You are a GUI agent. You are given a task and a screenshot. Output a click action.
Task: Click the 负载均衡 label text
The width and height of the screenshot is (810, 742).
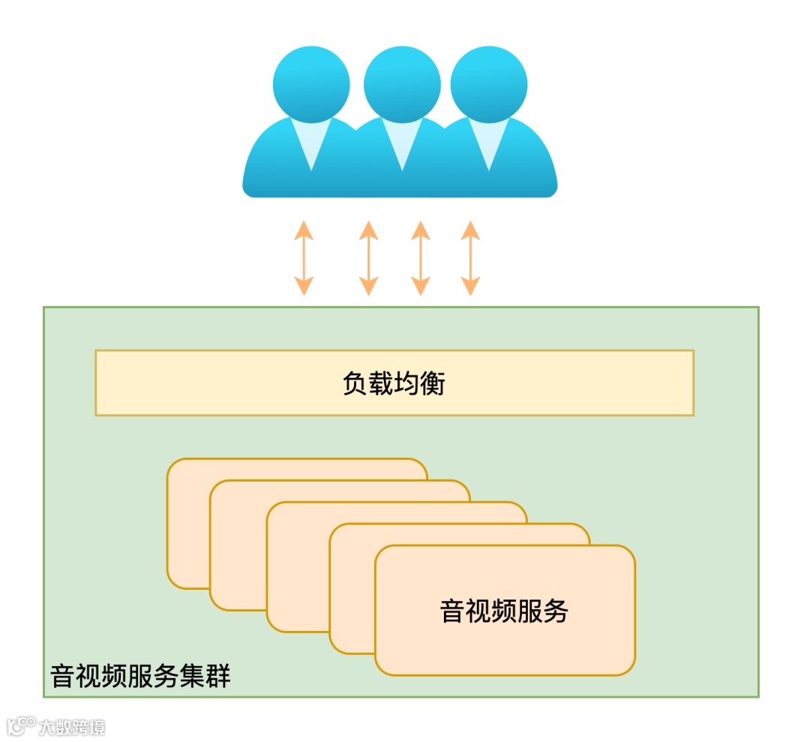[394, 384]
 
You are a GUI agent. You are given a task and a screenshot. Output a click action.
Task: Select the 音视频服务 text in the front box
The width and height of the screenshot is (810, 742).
[504, 611]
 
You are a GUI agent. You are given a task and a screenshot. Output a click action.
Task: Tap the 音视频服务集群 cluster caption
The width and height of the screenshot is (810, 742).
[140, 676]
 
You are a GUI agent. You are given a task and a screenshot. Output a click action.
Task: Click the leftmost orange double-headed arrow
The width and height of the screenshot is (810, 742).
[303, 257]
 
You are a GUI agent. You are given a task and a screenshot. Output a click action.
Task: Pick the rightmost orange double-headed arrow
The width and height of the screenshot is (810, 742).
[470, 257]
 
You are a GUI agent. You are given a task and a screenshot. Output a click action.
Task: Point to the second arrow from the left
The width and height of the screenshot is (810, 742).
[368, 257]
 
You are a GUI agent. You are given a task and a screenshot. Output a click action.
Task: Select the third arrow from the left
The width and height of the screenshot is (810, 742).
[421, 257]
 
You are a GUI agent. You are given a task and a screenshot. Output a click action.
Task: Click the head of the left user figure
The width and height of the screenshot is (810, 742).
[311, 84]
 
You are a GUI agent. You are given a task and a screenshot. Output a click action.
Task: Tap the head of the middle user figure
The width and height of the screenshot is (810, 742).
[402, 84]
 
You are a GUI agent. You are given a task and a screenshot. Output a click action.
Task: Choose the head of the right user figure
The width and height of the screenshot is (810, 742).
[488, 84]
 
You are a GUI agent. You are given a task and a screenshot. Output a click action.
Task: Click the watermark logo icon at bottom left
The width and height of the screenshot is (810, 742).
[21, 725]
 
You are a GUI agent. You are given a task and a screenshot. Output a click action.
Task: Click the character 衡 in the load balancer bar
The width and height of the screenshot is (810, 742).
[433, 384]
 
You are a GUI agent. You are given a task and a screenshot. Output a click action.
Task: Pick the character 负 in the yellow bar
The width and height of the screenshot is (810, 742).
[355, 384]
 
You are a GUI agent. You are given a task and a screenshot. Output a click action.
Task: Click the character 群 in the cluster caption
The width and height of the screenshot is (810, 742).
[218, 676]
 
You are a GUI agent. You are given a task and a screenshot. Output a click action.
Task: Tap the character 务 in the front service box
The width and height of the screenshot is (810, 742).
[556, 611]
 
